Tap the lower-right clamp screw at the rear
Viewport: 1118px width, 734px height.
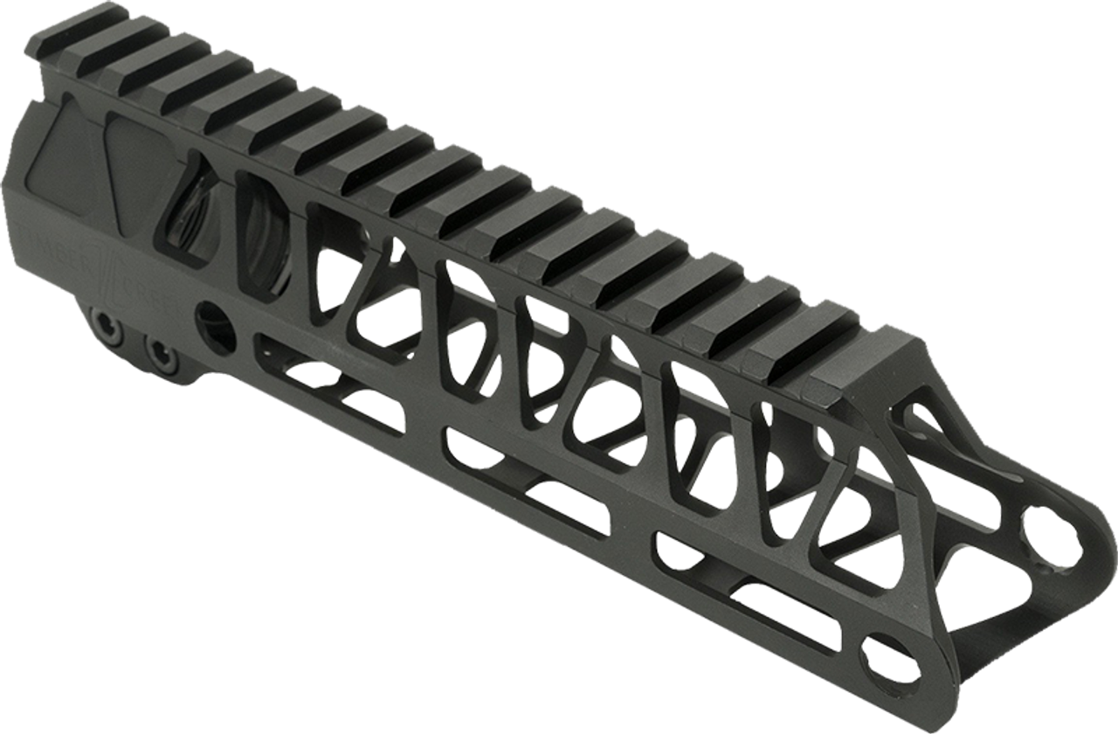pos(160,353)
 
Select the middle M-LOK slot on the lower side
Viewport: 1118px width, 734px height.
pos(524,477)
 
